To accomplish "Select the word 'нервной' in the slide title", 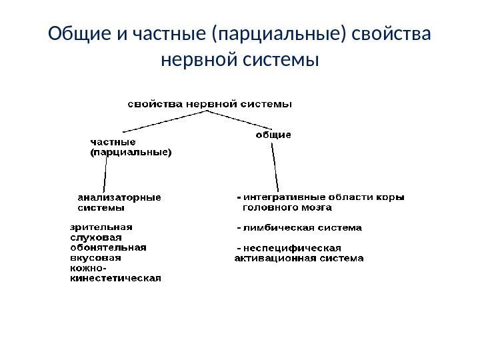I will [201, 61].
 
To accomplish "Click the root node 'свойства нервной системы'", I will [211, 104].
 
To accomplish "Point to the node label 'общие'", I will [274, 135].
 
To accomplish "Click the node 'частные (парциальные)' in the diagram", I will [130, 147].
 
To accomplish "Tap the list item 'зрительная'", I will [101, 226].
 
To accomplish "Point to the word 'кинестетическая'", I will [116, 279].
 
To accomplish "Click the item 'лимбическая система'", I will [303, 227].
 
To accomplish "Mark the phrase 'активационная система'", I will [299, 258].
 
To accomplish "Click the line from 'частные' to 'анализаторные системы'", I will [105, 175].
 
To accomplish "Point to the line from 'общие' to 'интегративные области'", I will [275, 167].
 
